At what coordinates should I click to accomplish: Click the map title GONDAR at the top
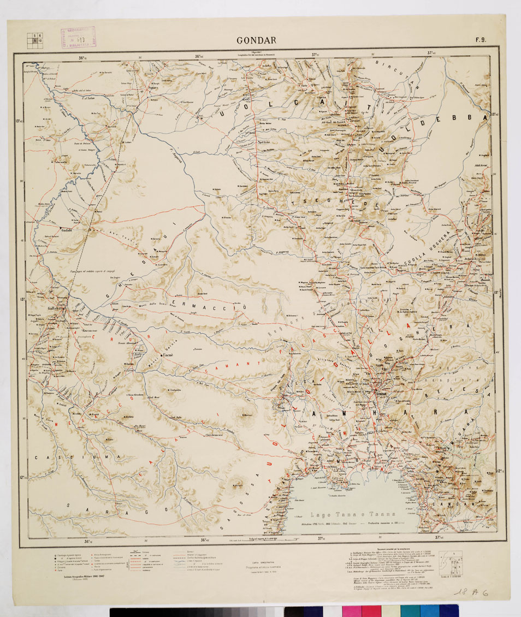point(256,40)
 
